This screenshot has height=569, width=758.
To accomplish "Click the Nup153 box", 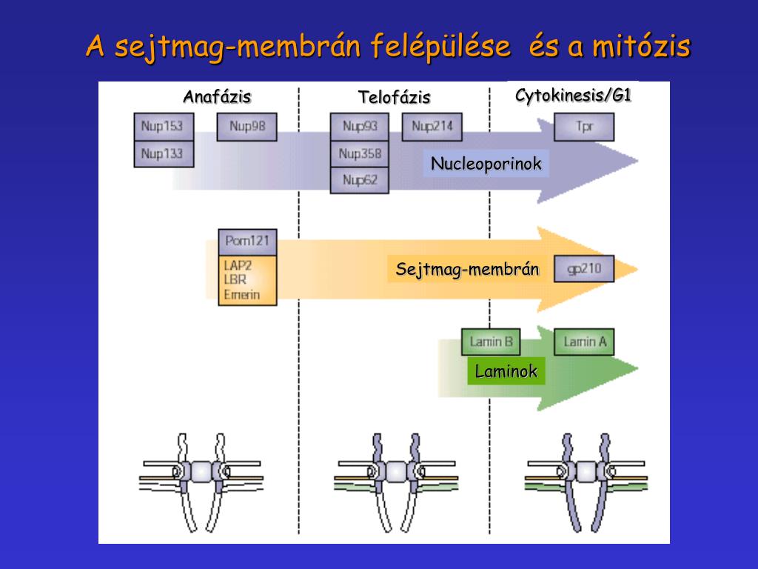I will point(163,126).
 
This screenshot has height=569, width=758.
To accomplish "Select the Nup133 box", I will point(163,153).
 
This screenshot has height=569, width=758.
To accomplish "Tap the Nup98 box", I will point(246,126).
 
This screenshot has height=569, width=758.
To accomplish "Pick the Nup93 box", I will point(359,126).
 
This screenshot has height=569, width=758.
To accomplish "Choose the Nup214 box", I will point(432,126).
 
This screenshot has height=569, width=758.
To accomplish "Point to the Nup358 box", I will point(359,153).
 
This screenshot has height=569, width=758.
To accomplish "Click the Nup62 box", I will point(359,180).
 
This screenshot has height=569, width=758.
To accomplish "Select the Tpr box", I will point(584,126).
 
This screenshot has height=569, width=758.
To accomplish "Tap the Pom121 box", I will point(247,242).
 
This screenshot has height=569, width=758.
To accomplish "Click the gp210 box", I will point(584,268).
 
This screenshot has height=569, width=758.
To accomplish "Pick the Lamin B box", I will point(490,342).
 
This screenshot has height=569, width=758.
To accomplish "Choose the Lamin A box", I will point(584,342).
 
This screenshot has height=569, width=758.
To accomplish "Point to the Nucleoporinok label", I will point(486,164).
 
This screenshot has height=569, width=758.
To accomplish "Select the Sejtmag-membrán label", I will point(467,269).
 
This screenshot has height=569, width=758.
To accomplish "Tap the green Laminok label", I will point(506,371).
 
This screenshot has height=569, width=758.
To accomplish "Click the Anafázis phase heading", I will point(217,97).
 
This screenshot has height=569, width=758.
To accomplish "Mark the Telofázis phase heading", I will point(394,97).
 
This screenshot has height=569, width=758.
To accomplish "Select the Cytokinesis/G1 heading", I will point(573,95).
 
